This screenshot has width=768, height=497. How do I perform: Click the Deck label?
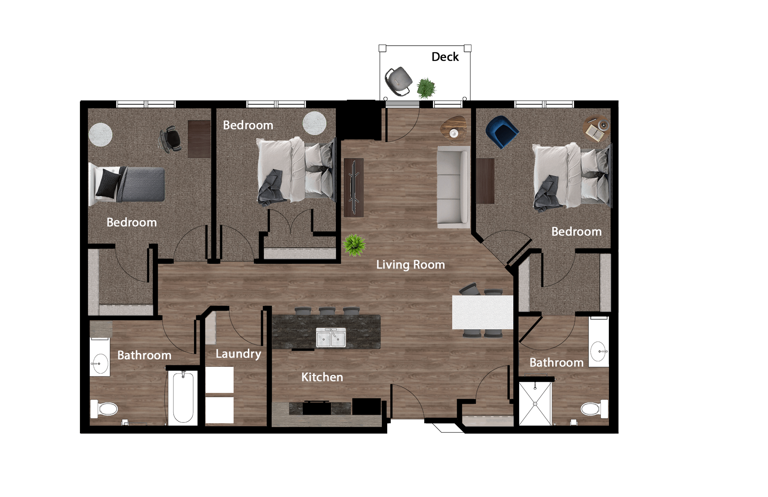coord(445,57)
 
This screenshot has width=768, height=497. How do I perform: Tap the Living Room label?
coord(410,265)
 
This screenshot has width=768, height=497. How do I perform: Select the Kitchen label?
coord(322,377)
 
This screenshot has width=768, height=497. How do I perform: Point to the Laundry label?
coord(238,354)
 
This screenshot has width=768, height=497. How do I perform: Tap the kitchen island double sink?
coord(331,338)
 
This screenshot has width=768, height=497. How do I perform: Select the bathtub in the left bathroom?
coord(183,397)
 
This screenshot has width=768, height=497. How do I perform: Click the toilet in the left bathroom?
coord(104,409)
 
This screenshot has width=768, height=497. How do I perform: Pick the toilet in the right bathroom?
coord(594,409)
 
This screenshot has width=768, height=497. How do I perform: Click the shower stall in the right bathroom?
coord(535,403)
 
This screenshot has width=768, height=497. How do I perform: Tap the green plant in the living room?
coord(354,245)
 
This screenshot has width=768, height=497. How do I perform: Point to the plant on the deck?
coord(426,88)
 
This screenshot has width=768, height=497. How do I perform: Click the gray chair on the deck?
coord(399,81)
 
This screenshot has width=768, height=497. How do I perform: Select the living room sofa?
coord(453,187)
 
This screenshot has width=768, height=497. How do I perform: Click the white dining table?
coord(483,312)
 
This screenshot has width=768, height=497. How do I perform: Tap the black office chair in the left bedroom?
coord(171,139)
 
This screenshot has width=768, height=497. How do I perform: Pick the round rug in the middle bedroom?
coord(314,123)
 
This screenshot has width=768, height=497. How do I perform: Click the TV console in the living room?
coord(353,187)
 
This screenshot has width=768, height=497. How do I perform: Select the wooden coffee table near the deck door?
coord(454,128)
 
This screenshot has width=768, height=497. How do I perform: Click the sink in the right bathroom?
coord(598,351)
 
